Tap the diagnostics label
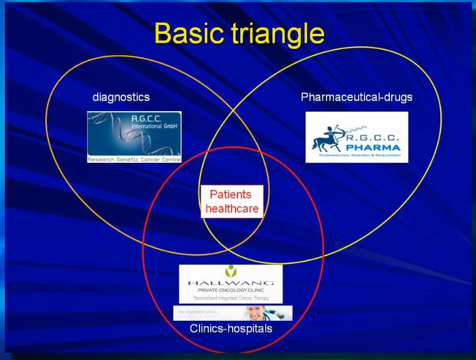coord(121,97)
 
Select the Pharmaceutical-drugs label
coord(357,97)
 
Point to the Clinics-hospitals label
coord(231,328)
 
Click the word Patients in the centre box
coord(231,194)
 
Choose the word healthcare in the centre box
coord(232,209)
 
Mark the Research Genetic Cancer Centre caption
coord(134,159)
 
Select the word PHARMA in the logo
coord(375,147)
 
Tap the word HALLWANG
coord(230,283)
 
